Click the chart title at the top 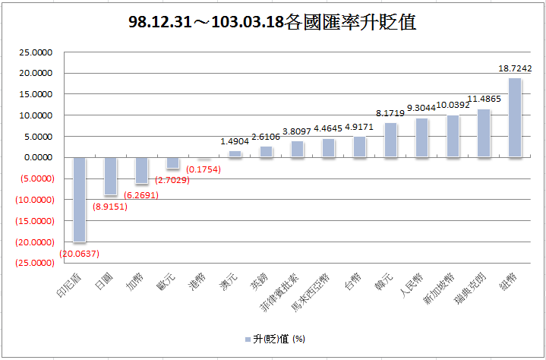273,22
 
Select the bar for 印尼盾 79,199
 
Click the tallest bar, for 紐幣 515,118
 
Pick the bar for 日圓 111,176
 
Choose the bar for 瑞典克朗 484,133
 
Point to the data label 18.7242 515,68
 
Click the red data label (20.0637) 79,253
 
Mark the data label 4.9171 360,128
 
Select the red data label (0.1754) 204,169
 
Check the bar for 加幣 141,171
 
